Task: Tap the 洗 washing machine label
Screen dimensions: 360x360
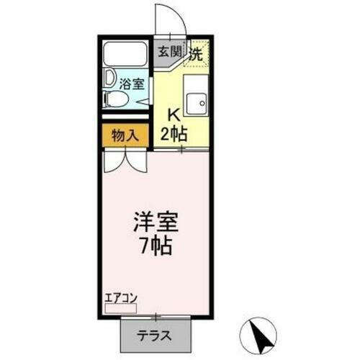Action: click(195, 51)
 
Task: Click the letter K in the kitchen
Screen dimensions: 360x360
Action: click(173, 113)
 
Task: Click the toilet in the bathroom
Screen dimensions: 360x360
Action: click(115, 99)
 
